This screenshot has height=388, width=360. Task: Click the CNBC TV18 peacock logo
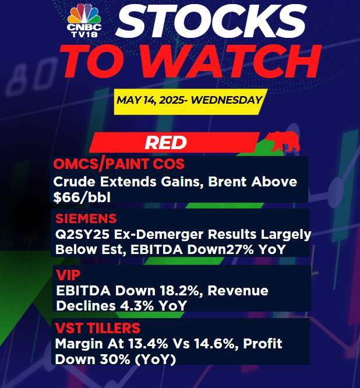pyautogui.click(x=84, y=21)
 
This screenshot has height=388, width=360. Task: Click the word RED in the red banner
pyautogui.click(x=165, y=143)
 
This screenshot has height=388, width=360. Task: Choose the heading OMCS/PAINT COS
pyautogui.click(x=119, y=164)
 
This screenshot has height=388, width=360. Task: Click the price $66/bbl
pyautogui.click(x=82, y=197)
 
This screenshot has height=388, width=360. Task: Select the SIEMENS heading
pyautogui.click(x=86, y=218)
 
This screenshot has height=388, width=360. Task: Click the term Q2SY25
pyautogui.click(x=82, y=234)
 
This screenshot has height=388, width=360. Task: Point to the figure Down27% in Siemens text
pyautogui.click(x=220, y=249)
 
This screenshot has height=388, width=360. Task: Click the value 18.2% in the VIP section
pyautogui.click(x=182, y=291)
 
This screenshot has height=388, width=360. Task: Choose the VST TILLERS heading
pyautogui.click(x=98, y=328)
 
